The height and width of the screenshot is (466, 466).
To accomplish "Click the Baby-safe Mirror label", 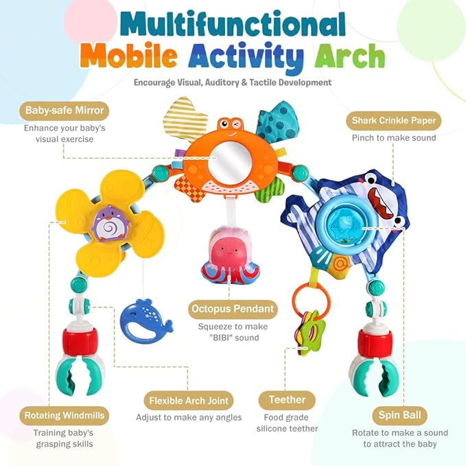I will (x=65, y=110).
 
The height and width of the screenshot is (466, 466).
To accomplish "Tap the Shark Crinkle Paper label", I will (x=393, y=121).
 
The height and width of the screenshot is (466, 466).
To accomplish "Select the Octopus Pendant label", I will (x=233, y=309).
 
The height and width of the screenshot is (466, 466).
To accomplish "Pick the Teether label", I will (x=287, y=400).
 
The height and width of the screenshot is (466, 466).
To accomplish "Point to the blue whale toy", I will (x=146, y=318).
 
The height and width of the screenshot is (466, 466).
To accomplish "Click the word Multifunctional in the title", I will (x=233, y=25).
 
